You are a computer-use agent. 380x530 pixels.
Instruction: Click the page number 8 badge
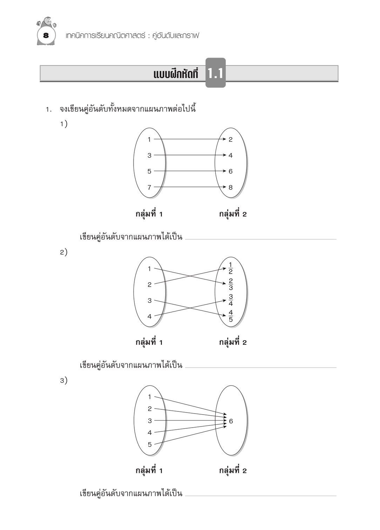click(46, 35)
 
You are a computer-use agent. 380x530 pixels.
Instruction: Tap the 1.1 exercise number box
click(215, 73)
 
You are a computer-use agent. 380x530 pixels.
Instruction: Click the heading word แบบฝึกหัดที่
click(176, 74)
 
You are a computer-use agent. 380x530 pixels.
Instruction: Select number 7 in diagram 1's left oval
click(149, 187)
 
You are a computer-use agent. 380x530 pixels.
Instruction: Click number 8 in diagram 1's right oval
click(230, 187)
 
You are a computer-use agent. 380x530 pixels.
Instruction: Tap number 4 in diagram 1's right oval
click(230, 155)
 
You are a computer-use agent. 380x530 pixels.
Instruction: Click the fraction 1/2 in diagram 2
click(230, 268)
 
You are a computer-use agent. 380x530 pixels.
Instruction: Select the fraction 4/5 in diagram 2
click(230, 316)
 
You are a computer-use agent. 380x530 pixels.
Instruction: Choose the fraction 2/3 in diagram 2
click(230, 284)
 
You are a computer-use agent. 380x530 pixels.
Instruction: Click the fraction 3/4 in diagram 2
click(230, 300)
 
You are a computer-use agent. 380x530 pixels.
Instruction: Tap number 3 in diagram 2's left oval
click(150, 301)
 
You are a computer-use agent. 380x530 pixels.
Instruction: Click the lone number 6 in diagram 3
click(231, 421)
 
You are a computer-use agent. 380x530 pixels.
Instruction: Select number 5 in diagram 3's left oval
click(150, 444)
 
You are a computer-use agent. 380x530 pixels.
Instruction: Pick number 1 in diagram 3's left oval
click(150, 397)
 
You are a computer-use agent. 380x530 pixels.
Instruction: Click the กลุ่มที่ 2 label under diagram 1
click(233, 214)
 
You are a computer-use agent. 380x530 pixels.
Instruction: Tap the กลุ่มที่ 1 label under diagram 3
click(149, 470)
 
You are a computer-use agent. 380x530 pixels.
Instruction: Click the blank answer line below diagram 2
click(260, 367)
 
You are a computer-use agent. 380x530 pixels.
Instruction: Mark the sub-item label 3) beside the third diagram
click(63, 380)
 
